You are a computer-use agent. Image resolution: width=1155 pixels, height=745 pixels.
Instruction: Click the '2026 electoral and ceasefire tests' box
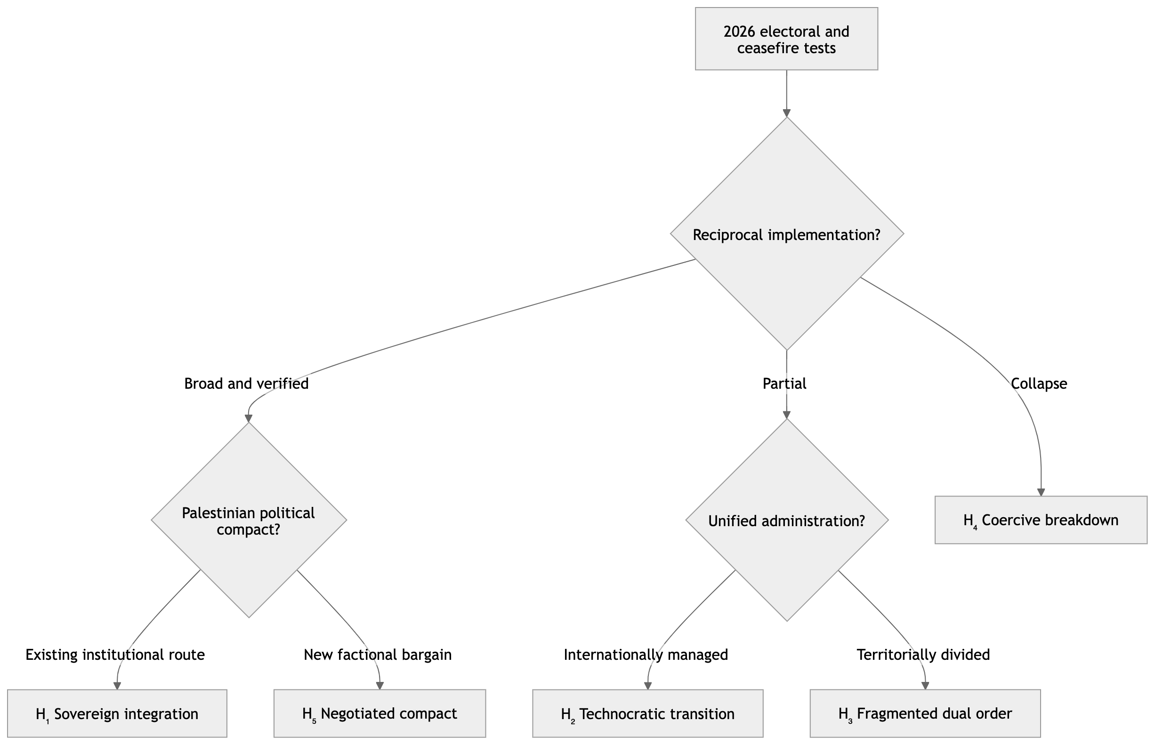(786, 39)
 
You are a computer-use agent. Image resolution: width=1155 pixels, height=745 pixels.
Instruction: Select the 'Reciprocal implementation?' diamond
(787, 233)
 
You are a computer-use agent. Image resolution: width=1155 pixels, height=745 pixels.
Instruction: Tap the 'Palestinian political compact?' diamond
(249, 520)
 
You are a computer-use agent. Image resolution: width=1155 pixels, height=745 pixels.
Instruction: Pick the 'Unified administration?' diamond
(787, 520)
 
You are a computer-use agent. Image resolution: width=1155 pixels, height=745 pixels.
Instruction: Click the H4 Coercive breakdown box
(1041, 520)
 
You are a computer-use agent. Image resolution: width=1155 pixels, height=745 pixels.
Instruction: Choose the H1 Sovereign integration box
(117, 713)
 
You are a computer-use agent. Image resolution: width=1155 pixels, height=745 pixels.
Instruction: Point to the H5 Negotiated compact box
(380, 713)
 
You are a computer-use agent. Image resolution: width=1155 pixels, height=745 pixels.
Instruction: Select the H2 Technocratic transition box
(648, 713)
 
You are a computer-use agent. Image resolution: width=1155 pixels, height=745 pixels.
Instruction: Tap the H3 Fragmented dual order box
(925, 713)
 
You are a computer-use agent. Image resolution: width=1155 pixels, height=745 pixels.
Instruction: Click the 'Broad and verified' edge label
(246, 384)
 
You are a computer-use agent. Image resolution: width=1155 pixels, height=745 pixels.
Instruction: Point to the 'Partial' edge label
(784, 384)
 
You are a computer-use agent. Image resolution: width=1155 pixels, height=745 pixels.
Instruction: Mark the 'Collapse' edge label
(1039, 384)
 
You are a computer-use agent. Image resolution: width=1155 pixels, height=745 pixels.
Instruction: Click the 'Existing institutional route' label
(115, 655)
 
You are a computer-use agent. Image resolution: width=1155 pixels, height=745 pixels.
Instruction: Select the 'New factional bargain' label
(378, 655)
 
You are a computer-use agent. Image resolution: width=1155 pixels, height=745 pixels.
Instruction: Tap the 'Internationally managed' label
(646, 655)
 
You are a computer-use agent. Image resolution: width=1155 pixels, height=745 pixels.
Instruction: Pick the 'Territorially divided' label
(923, 655)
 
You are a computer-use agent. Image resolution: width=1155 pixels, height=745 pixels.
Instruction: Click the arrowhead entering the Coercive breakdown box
(1041, 492)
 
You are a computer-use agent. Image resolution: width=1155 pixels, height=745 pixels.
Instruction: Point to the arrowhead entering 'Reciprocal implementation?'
(787, 113)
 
